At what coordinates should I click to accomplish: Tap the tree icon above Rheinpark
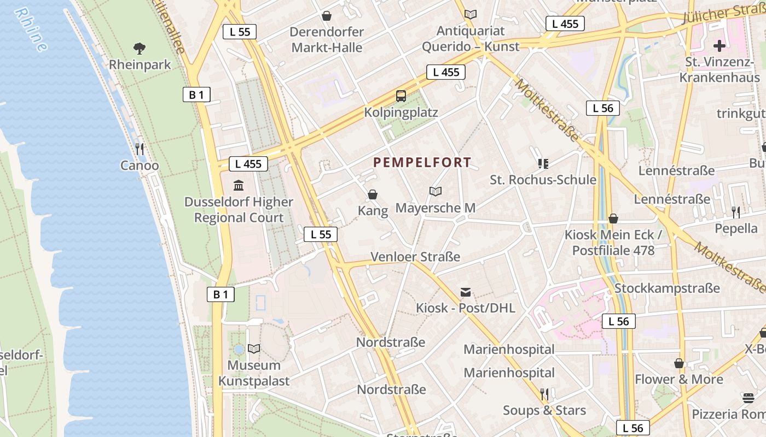[x=140, y=49]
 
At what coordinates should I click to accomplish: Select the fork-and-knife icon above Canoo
[x=140, y=149]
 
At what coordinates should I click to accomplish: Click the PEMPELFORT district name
[x=422, y=162]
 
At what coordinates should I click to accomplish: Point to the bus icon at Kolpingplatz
[x=401, y=96]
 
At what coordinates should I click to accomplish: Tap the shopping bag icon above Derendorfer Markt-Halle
[x=327, y=16]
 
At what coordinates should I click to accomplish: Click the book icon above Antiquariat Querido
[x=470, y=15]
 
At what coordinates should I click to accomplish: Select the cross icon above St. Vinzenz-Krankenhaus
[x=719, y=45]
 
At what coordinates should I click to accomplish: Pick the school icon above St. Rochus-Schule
[x=543, y=163]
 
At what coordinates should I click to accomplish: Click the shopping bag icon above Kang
[x=373, y=194]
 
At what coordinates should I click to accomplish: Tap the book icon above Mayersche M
[x=436, y=191]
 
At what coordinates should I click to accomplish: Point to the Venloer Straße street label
[x=415, y=257]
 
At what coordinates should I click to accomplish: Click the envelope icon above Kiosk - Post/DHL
[x=466, y=292]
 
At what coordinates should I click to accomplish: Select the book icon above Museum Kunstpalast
[x=254, y=349]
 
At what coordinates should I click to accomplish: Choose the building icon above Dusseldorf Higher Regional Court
[x=239, y=186]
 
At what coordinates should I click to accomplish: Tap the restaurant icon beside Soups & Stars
[x=544, y=394]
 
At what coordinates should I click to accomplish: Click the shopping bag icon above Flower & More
[x=679, y=363]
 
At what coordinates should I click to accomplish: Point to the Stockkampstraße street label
[x=667, y=288]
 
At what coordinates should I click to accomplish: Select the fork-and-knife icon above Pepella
[x=736, y=212]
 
